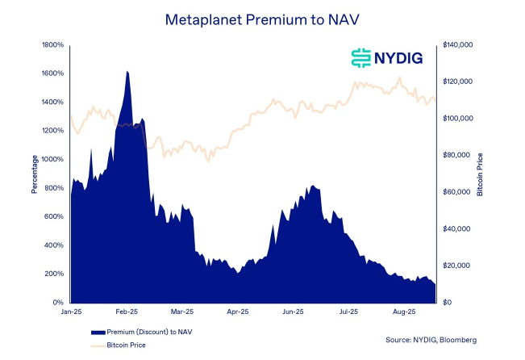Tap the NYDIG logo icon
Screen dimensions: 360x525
click(x=360, y=57)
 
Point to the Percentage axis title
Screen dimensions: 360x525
click(x=35, y=174)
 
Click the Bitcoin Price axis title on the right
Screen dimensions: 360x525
click(x=480, y=174)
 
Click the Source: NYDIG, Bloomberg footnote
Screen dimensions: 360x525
click(x=431, y=339)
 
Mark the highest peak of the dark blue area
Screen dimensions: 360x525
click(x=127, y=72)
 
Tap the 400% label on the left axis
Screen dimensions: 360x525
click(x=53, y=245)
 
